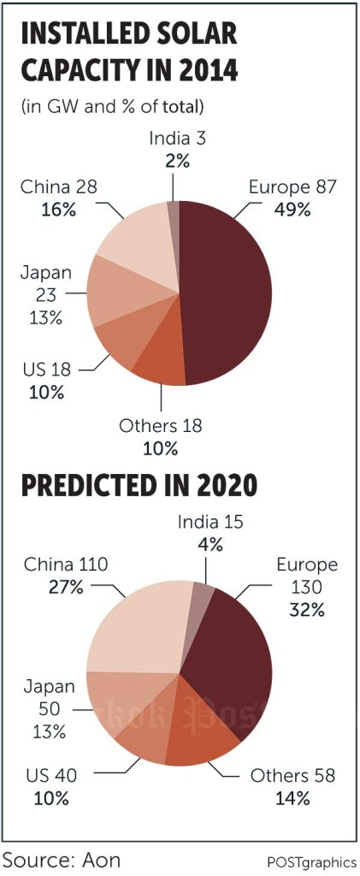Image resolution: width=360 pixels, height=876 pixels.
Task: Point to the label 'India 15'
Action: coord(210,521)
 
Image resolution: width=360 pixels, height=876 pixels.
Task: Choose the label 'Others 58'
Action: coord(292,776)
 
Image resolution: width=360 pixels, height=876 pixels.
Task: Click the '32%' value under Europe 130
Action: coord(306,609)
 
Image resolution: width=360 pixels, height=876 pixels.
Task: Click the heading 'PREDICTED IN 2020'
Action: coord(139,486)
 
